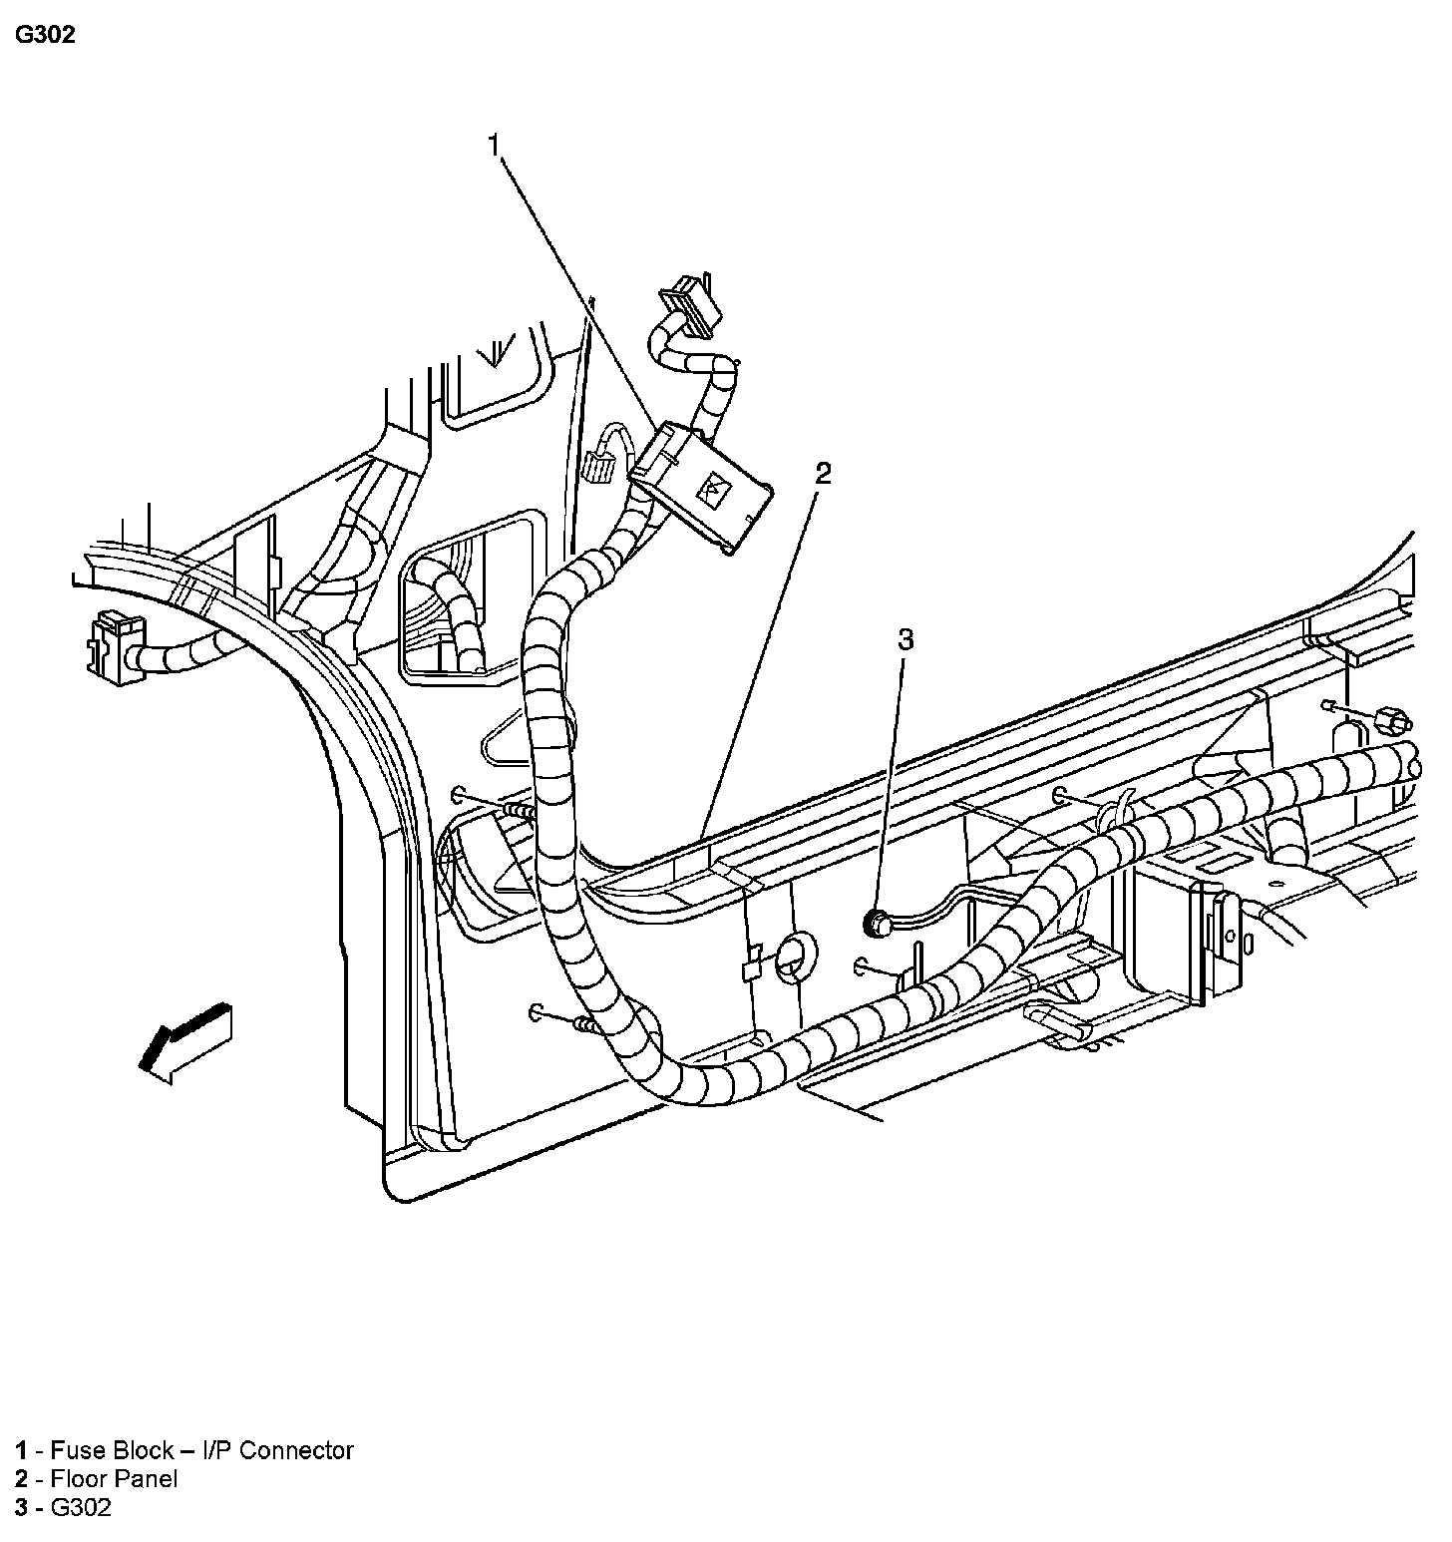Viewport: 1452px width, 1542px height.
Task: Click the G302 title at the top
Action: (45, 36)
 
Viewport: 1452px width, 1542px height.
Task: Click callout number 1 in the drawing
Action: (493, 146)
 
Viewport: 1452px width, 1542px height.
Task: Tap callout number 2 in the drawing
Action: (822, 473)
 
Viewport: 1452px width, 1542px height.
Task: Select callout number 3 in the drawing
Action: (905, 639)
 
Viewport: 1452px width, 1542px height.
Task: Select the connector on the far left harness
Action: (114, 649)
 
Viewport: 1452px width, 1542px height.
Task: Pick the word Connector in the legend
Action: (296, 1450)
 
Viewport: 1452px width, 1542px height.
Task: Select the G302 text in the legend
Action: (81, 1507)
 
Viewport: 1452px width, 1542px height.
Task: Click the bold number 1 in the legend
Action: (20, 1450)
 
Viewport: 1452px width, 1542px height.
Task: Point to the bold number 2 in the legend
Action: (20, 1479)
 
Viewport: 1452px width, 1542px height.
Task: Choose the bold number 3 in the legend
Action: (20, 1507)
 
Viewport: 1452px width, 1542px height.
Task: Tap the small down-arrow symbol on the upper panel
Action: (495, 350)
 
